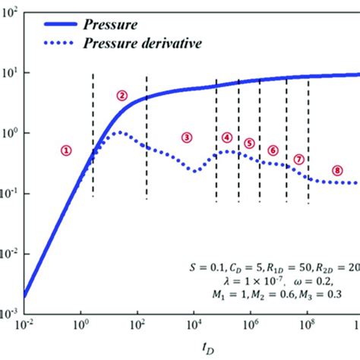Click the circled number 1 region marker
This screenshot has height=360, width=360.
pyautogui.click(x=67, y=150)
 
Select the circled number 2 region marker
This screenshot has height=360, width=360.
pyautogui.click(x=122, y=95)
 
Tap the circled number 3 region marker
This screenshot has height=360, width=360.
pyautogui.click(x=187, y=137)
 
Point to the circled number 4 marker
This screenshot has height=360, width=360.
pyautogui.click(x=227, y=137)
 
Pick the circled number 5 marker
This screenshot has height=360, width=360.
pyautogui.click(x=249, y=143)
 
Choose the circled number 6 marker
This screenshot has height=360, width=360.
pyautogui.click(x=273, y=150)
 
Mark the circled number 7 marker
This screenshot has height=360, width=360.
pyautogui.click(x=298, y=159)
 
